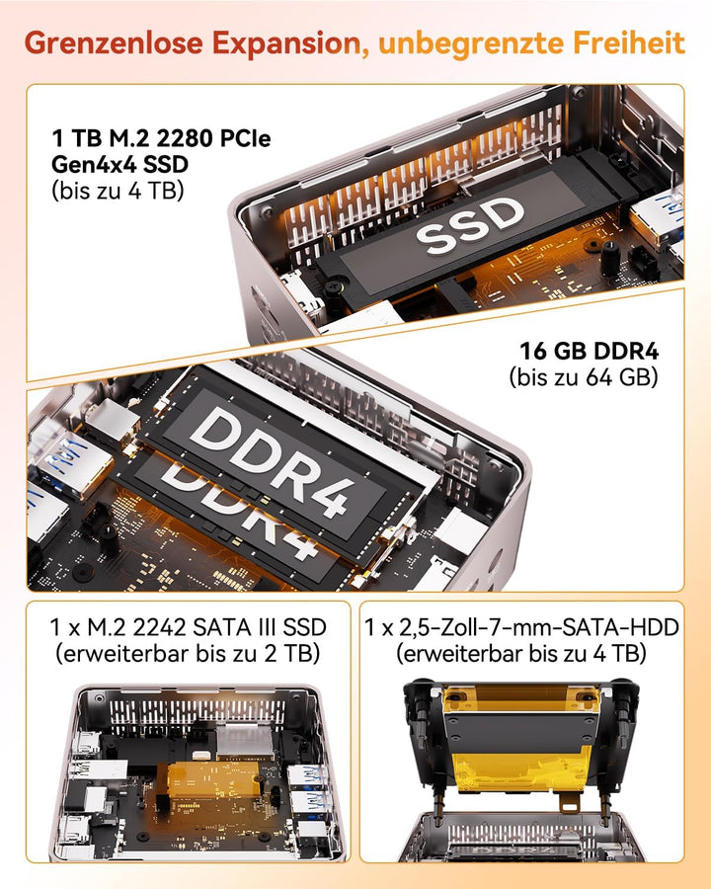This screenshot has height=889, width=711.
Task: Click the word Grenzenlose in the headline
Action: coord(114,43)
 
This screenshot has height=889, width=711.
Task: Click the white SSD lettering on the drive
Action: coord(471,225)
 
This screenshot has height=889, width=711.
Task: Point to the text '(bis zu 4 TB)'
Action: coord(118,191)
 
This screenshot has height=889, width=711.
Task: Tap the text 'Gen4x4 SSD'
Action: coord(119,164)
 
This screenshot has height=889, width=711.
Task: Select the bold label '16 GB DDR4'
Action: coord(590,351)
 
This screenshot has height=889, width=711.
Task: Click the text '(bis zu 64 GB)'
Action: coord(584,377)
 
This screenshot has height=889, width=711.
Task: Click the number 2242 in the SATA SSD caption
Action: coord(159,627)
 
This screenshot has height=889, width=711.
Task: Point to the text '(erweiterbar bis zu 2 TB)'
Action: coord(188,654)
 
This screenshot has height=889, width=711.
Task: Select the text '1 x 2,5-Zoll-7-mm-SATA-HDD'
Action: coord(521,627)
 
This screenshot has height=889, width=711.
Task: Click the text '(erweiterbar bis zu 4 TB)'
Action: coord(521,654)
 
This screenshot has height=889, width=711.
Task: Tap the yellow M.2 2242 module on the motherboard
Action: coord(213,778)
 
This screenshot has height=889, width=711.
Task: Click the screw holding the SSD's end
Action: coord(334,286)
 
